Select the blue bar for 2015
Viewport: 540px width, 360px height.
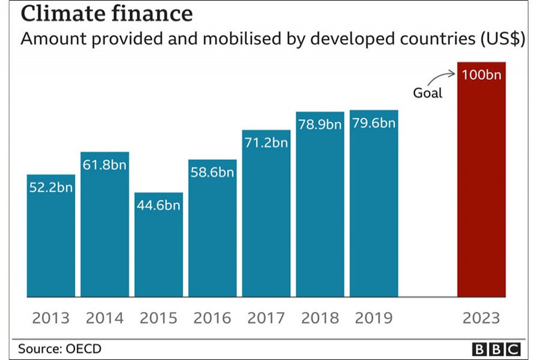158,252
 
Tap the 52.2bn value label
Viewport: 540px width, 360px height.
51,187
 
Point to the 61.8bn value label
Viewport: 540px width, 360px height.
105,165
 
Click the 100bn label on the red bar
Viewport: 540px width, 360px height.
481,76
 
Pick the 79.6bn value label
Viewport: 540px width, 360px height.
374,124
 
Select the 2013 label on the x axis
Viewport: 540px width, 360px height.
51,317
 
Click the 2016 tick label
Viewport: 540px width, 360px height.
212,317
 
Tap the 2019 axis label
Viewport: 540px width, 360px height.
374,317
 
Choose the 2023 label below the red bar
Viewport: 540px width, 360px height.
481,317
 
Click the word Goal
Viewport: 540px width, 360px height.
428,93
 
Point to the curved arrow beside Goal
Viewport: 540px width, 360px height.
444,77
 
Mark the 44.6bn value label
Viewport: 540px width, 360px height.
158,206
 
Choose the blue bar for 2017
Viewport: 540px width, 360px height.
266,222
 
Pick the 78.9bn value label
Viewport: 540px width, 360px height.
320,125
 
